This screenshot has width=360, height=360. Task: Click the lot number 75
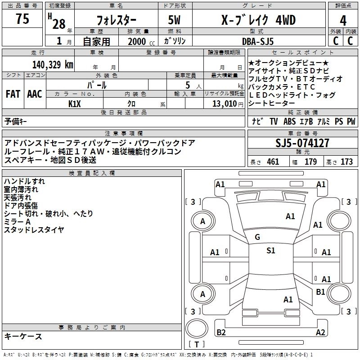tap(22, 19)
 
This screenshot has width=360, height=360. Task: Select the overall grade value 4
tap(343, 20)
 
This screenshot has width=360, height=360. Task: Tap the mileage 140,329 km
tap(53, 64)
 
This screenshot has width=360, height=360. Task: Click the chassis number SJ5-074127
tap(302, 144)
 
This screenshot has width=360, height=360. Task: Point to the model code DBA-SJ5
tap(264, 41)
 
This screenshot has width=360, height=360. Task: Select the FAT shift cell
tap(13, 94)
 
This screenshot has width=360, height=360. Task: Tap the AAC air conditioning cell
tap(35, 94)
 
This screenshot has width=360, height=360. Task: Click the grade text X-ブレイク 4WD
tap(252, 20)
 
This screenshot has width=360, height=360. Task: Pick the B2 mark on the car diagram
tap(221, 333)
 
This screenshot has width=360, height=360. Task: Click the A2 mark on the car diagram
tap(320, 333)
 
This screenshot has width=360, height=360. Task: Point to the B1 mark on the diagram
tap(320, 292)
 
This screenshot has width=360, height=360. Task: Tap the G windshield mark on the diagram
tap(257, 237)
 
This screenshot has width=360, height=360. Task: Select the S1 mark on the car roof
tap(270, 251)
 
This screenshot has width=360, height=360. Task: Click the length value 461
tap(273, 162)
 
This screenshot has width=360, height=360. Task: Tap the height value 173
tap(346, 162)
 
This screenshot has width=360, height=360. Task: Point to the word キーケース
tap(23, 337)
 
